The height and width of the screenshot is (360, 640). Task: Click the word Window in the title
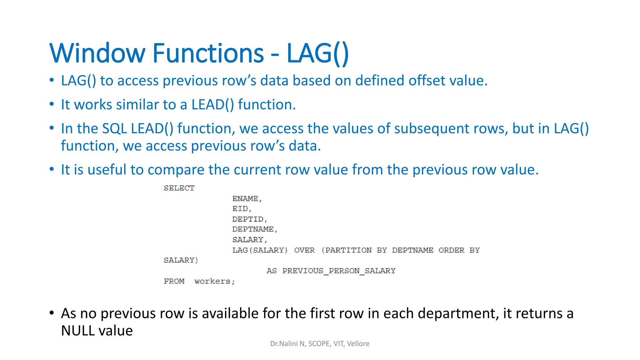point(97,53)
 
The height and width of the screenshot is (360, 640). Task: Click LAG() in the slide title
point(317,53)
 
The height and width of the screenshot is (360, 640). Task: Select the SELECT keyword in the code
point(179,188)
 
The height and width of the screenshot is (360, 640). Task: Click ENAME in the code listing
point(246,199)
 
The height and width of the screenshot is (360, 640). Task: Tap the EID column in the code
point(240,209)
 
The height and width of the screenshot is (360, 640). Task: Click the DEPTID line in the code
point(248,219)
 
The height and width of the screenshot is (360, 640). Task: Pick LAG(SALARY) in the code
point(260,250)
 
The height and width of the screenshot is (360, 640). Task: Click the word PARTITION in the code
point(348,250)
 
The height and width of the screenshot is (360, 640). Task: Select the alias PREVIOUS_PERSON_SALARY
point(339,271)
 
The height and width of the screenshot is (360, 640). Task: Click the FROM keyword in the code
point(174,281)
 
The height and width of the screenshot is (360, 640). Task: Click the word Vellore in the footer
point(358,344)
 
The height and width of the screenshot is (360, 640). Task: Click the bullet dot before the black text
point(52,313)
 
